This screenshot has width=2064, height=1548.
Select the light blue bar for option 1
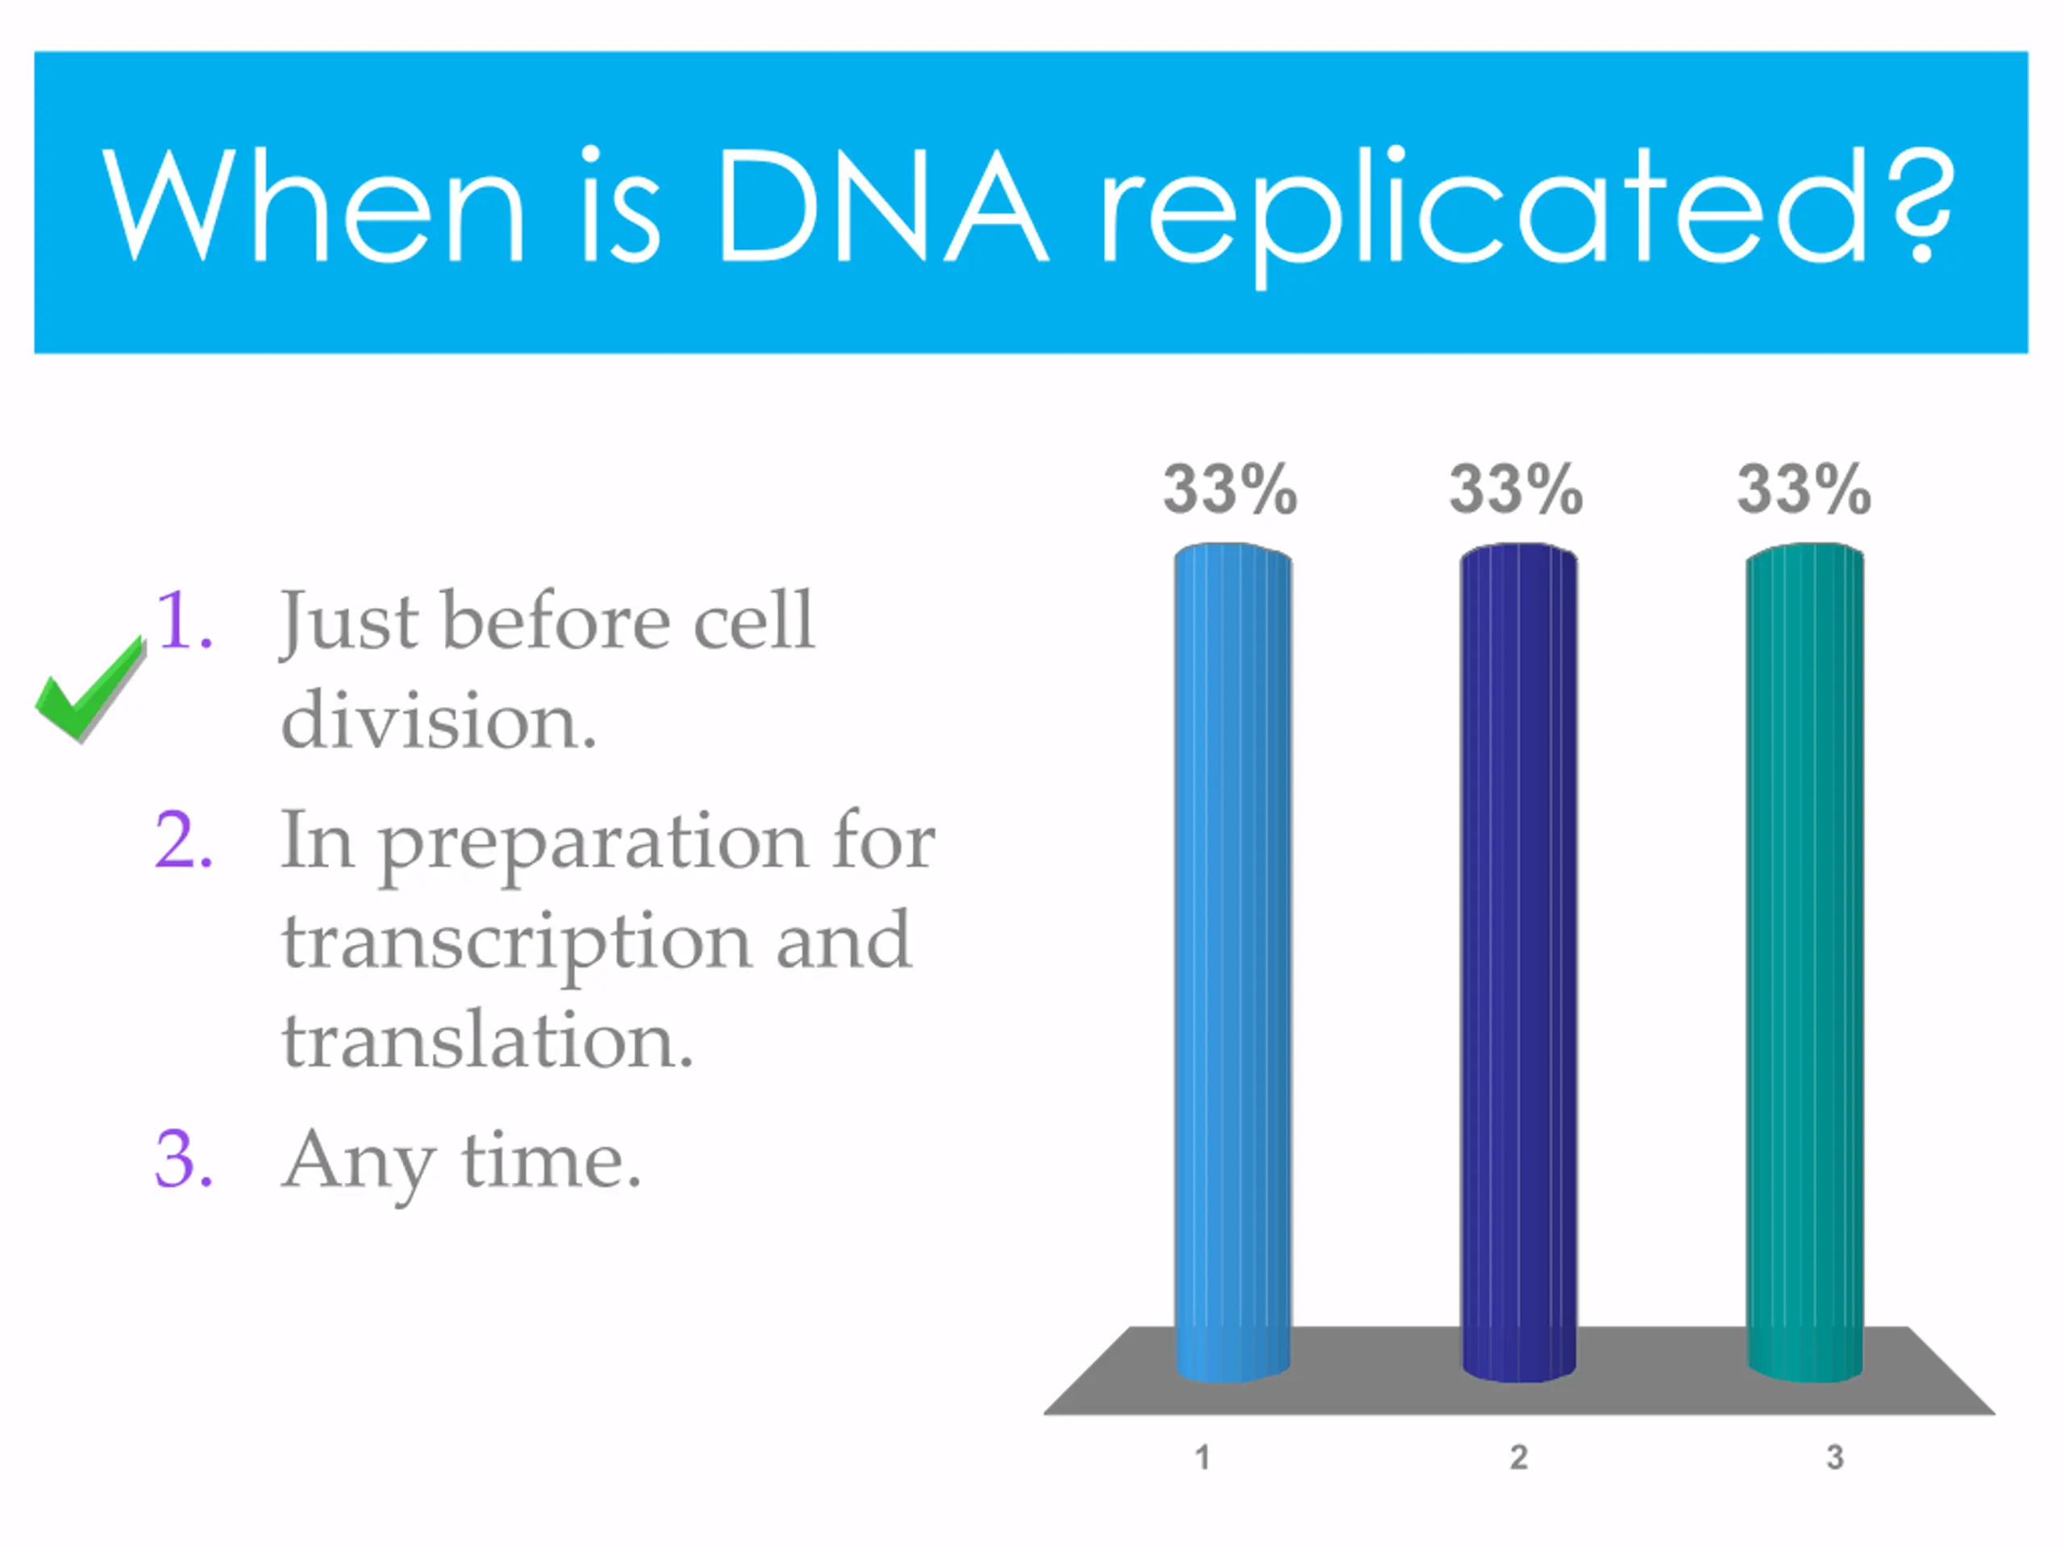click(1233, 962)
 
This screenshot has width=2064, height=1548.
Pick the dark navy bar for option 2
click(1518, 962)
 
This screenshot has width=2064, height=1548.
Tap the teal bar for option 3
click(1804, 962)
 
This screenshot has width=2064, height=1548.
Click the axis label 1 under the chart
click(1203, 1457)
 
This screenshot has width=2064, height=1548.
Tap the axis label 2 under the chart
click(1519, 1457)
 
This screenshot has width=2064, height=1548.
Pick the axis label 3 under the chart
click(1834, 1457)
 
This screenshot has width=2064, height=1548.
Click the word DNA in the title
click(884, 206)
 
